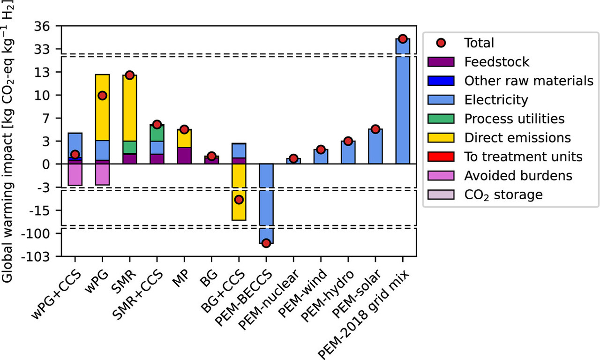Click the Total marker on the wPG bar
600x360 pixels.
click(x=102, y=96)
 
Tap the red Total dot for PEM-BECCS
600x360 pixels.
click(x=266, y=243)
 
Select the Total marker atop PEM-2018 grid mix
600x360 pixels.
click(x=402, y=38)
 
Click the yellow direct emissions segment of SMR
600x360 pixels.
click(x=130, y=108)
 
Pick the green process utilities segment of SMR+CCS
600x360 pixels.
click(x=157, y=133)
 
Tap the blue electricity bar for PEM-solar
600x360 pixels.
click(x=375, y=146)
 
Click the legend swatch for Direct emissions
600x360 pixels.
click(x=441, y=138)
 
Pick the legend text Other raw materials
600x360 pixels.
click(x=529, y=81)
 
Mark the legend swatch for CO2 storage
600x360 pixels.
click(x=441, y=195)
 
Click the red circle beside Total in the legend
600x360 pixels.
click(x=441, y=43)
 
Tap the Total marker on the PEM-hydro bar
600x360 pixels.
click(x=348, y=141)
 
